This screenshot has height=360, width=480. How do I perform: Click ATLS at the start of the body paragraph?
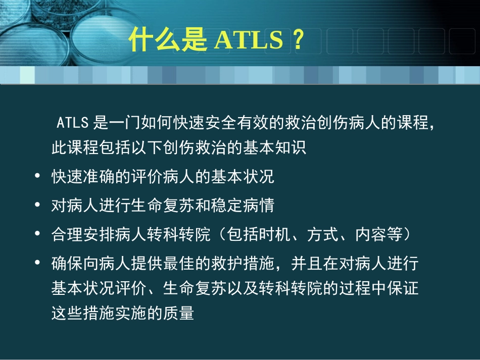click(73, 123)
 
